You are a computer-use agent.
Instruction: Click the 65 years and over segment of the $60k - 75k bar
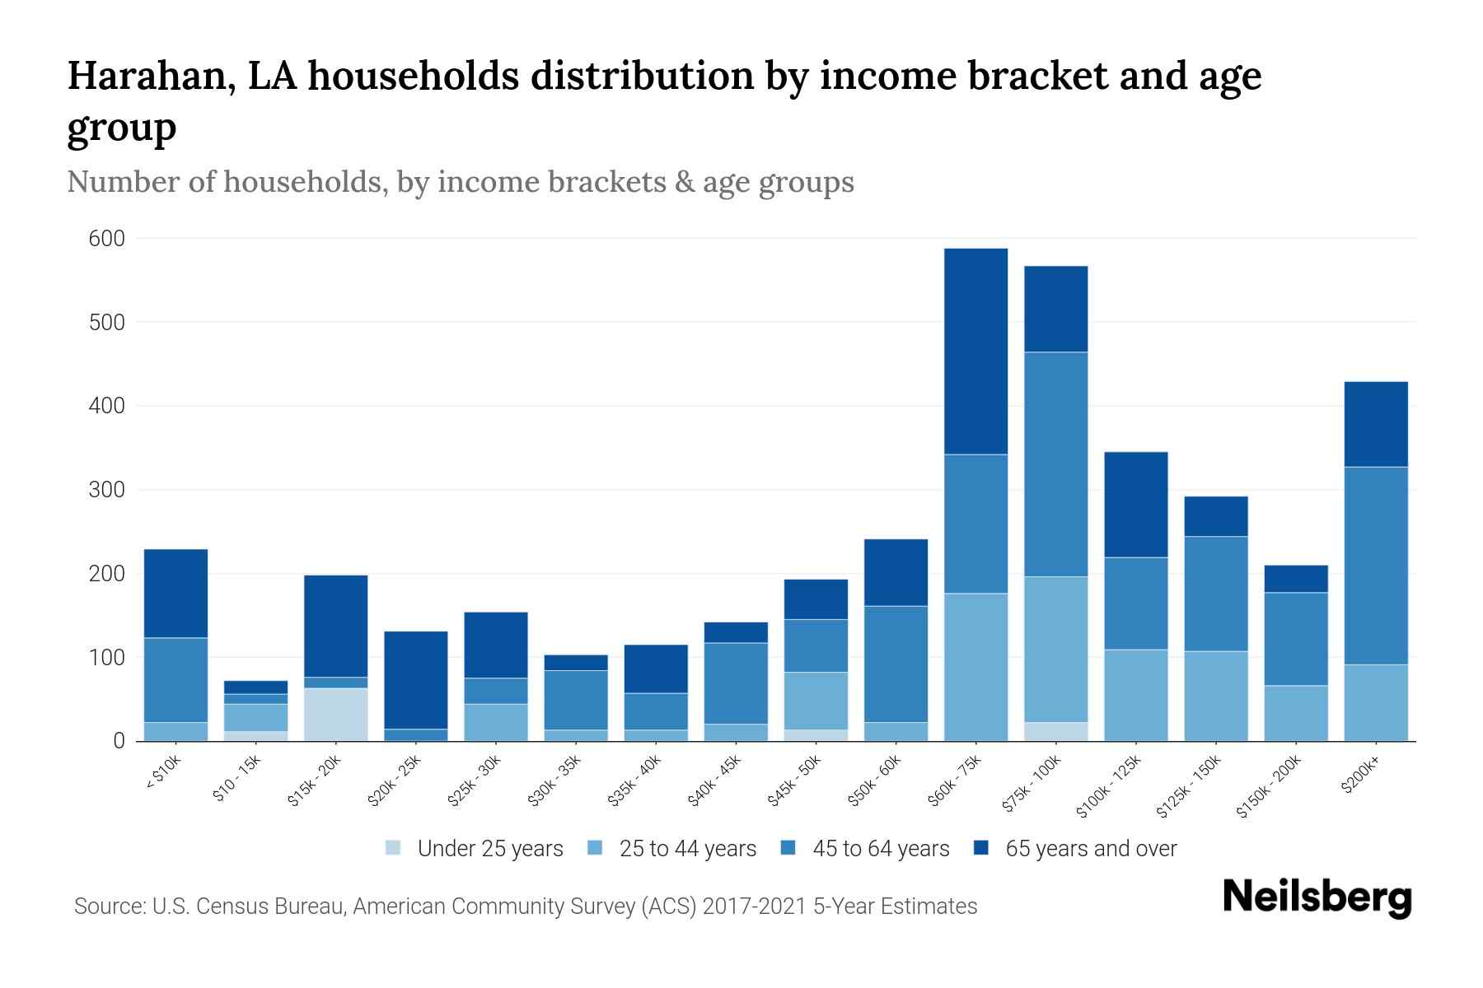click(975, 352)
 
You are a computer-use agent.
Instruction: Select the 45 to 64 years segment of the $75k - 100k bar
click(1055, 464)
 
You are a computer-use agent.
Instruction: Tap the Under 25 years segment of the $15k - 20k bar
click(335, 714)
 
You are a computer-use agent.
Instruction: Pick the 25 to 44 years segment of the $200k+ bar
click(1375, 702)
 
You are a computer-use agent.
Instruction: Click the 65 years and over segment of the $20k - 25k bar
click(415, 680)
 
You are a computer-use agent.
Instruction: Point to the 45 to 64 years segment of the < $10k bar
click(175, 680)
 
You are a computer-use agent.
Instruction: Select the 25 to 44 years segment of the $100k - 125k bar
click(1135, 695)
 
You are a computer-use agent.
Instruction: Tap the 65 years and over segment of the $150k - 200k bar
click(1295, 579)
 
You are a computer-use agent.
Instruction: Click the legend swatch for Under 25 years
click(394, 848)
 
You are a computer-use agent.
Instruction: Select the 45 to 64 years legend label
click(880, 849)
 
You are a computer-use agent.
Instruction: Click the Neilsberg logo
click(1317, 897)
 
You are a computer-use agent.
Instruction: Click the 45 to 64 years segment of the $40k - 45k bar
click(735, 683)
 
